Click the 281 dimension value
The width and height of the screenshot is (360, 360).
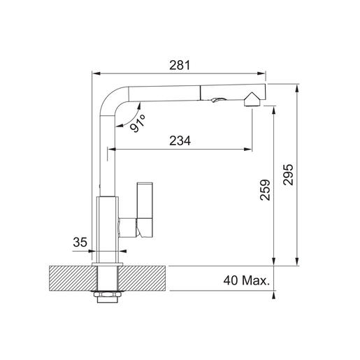(180, 65)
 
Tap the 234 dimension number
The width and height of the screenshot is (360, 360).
(180, 141)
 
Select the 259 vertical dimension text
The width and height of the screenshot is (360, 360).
(265, 190)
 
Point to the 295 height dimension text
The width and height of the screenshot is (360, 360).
(288, 175)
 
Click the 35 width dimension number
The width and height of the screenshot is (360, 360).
(80, 242)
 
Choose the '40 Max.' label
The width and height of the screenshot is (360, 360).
(246, 280)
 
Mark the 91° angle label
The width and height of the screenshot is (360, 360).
(138, 123)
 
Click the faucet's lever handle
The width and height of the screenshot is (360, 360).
(145, 210)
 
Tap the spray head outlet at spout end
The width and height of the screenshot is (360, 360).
(252, 100)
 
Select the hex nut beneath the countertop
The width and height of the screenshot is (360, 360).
(107, 296)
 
